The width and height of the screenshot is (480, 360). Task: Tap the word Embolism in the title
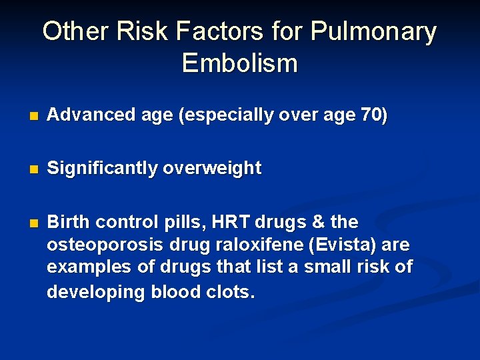(x=239, y=64)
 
